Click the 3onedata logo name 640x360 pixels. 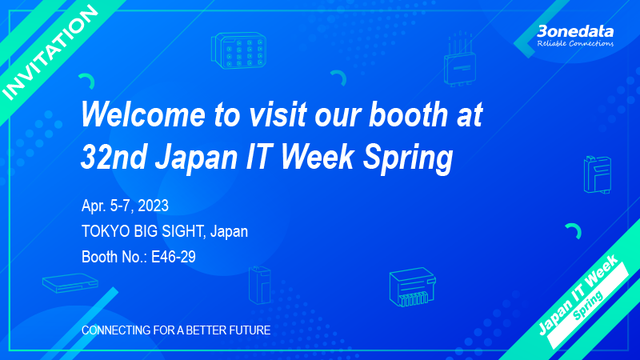click(x=575, y=31)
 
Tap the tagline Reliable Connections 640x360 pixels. click(x=575, y=43)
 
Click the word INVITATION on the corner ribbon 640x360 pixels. click(x=50, y=52)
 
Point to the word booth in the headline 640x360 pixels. click(x=409, y=114)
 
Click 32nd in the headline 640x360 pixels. click(x=114, y=157)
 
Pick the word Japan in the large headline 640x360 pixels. click(x=196, y=159)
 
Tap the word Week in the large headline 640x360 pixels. click(x=318, y=157)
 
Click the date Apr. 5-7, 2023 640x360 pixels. click(x=125, y=206)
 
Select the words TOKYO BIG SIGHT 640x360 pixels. click(x=142, y=231)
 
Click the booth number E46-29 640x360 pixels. click(x=174, y=257)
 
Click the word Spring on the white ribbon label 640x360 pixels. click(x=588, y=306)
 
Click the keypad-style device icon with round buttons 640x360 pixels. click(x=238, y=50)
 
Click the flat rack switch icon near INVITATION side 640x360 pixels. click(x=70, y=283)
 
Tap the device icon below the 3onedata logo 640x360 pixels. click(x=597, y=174)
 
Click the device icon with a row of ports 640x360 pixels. click(x=413, y=287)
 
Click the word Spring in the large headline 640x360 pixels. click(x=408, y=159)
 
